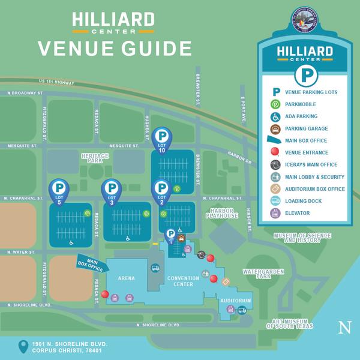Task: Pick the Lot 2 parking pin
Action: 161,190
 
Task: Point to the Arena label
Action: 126,278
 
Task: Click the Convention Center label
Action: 184,281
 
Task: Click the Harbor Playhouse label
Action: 222,213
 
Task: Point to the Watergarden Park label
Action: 264,274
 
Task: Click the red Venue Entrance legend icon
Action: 275,152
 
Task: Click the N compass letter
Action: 344,327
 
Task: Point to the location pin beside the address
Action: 23,346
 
